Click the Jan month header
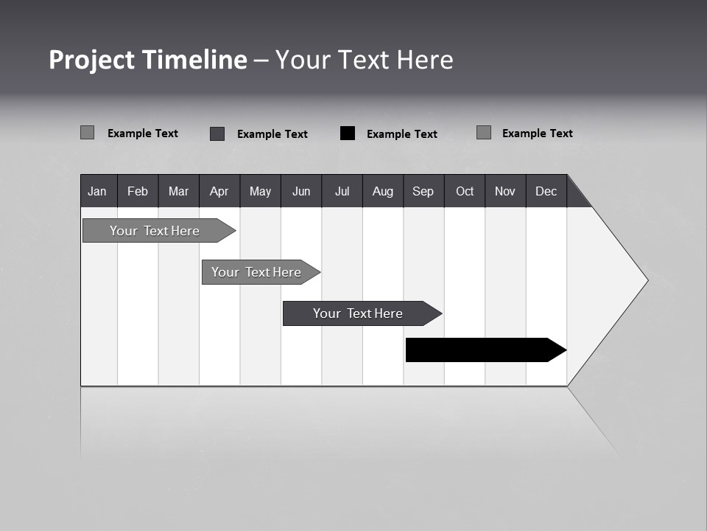[98, 191]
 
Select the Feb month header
[138, 191]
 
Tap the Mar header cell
[178, 191]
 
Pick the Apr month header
[219, 191]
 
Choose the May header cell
[260, 191]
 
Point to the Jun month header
[301, 191]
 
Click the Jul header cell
[342, 191]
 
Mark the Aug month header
[383, 191]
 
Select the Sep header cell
[423, 191]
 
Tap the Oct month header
[465, 191]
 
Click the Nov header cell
[505, 191]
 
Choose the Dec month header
[546, 191]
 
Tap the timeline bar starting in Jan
[155, 231]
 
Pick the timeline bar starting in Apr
[257, 272]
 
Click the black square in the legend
[348, 133]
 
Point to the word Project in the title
[92, 60]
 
